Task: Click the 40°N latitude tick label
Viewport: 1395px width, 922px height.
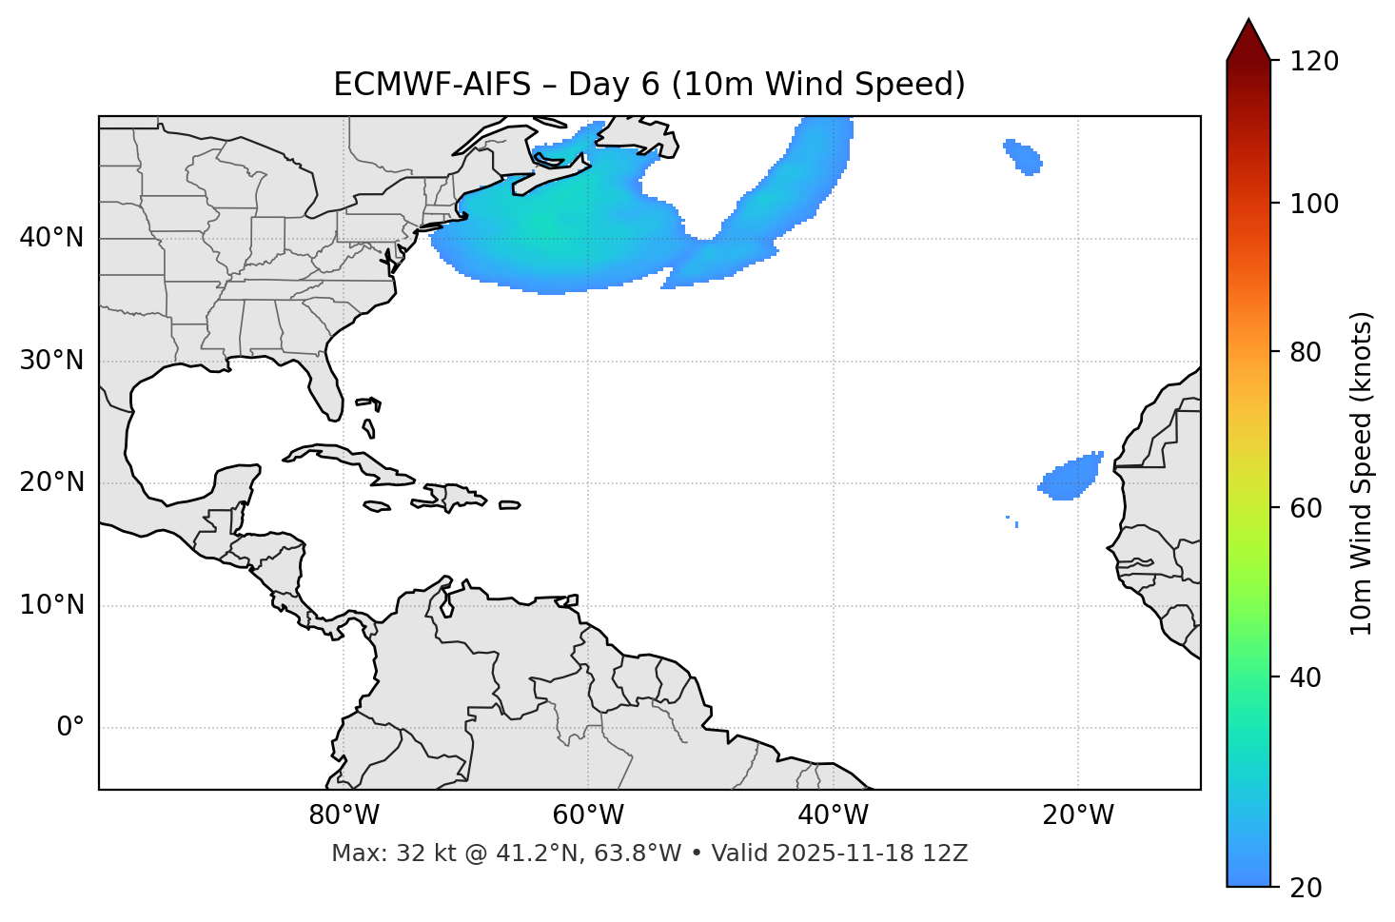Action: pos(51,238)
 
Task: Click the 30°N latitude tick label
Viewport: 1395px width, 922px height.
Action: pos(51,361)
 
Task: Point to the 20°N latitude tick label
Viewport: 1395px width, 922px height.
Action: pos(51,482)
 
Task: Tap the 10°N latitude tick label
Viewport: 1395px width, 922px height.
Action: pos(51,605)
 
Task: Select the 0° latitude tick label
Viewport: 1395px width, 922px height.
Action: pos(70,728)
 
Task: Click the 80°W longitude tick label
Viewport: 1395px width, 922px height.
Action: pos(344,815)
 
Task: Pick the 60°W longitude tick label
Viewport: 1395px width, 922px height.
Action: pos(588,815)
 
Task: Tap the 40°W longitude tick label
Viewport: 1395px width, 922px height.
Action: pos(833,815)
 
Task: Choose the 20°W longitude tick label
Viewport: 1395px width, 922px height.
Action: pos(1077,815)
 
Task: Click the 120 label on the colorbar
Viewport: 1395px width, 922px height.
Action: pos(1315,62)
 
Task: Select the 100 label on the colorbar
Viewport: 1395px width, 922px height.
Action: pos(1315,204)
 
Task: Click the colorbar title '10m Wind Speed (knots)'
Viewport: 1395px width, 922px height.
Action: pos(1362,473)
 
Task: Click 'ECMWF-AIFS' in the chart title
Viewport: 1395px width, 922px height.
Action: pos(431,85)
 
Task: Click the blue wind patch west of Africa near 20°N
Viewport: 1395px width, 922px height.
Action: pos(1071,478)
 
